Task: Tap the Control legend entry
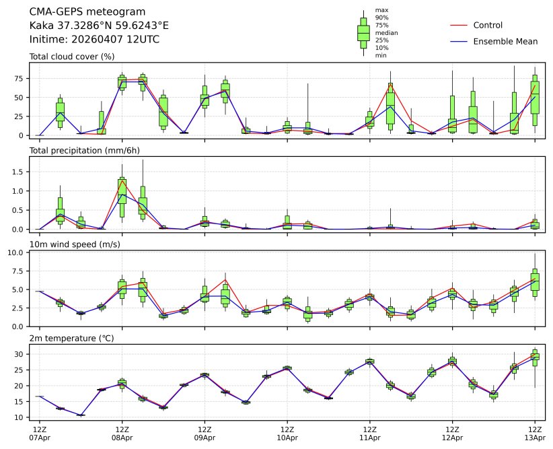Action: [x=488, y=26]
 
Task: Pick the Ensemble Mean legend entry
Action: [x=505, y=42]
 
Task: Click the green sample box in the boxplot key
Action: [x=363, y=32]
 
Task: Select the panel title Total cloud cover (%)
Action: [x=72, y=57]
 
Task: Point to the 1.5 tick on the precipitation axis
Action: [x=18, y=172]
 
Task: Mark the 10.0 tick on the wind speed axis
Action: [x=16, y=252]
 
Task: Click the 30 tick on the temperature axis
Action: [x=20, y=354]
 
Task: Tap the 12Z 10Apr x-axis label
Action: [x=287, y=433]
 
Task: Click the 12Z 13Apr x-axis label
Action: [x=535, y=433]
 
